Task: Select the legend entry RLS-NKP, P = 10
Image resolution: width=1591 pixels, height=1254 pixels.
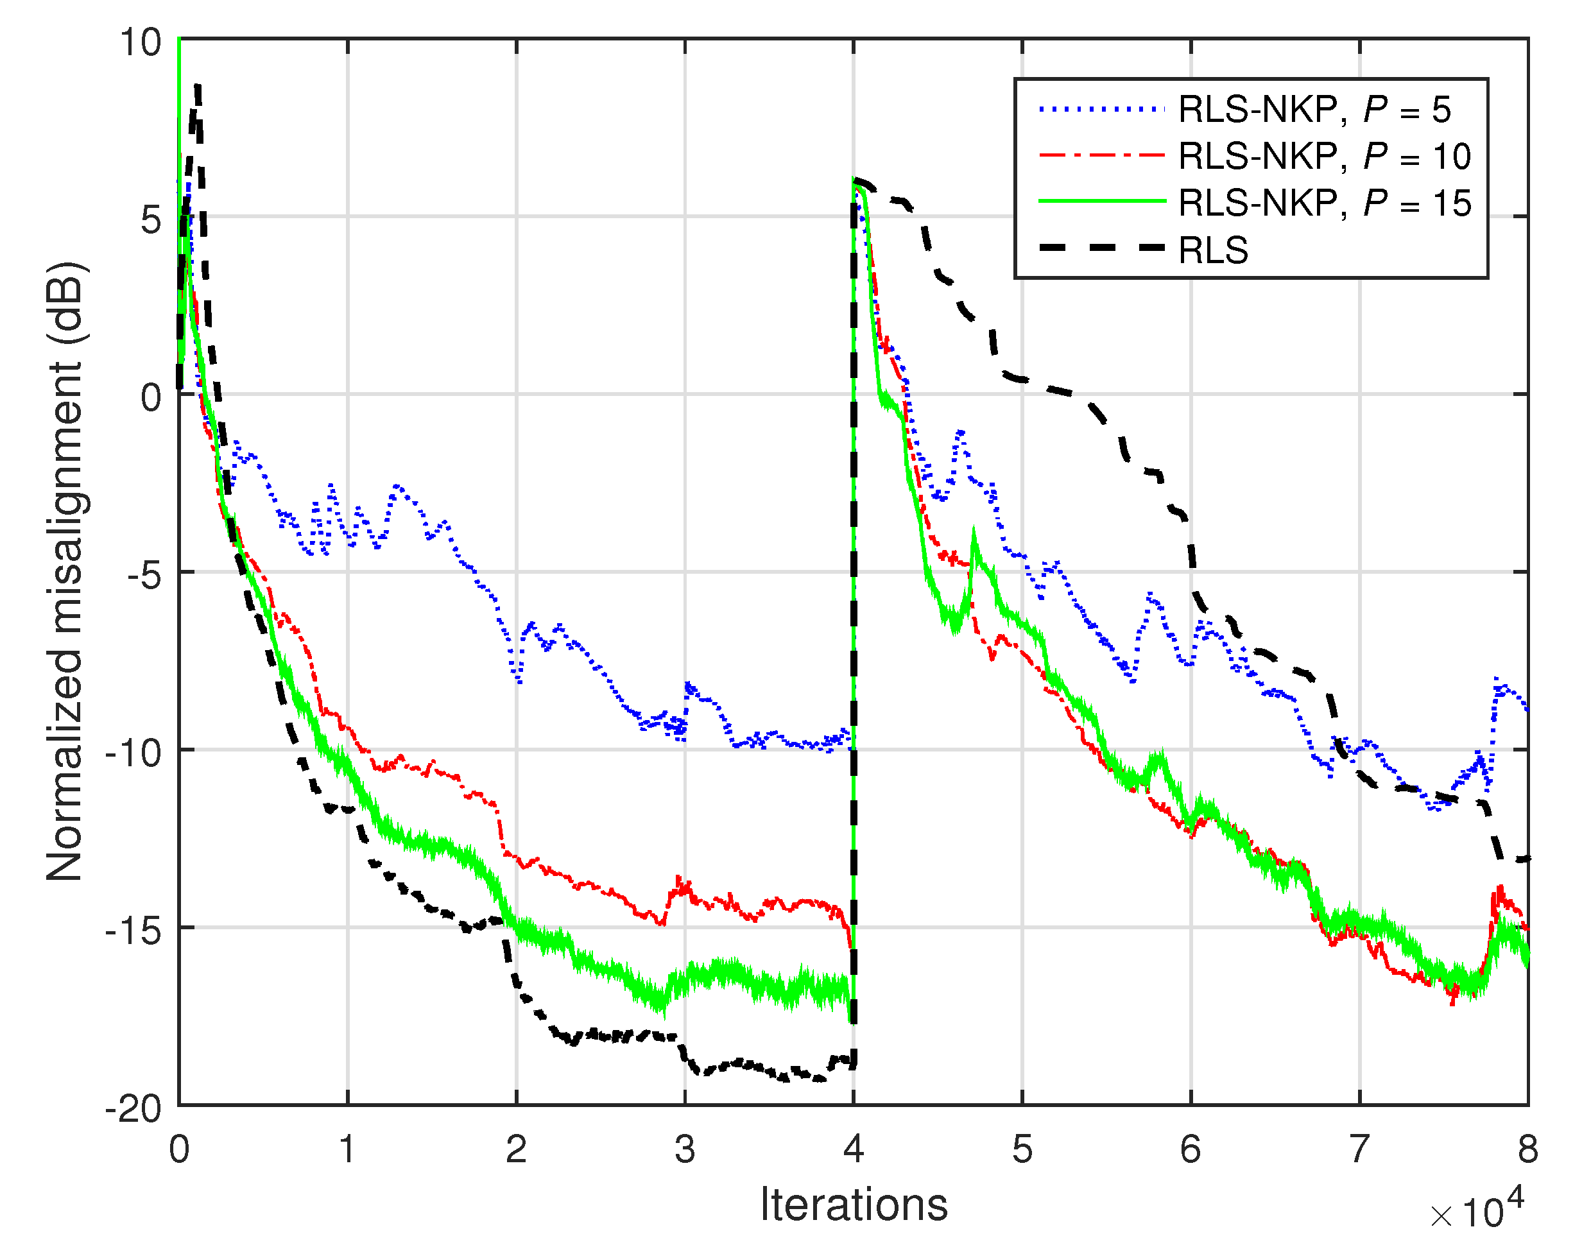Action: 1324,157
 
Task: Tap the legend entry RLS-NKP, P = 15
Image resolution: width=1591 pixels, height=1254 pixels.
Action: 1324,203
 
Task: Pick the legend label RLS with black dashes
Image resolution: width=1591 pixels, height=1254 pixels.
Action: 1212,250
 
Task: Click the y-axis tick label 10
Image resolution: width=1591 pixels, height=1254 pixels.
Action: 140,42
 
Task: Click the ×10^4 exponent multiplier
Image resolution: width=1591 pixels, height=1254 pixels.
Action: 1475,1212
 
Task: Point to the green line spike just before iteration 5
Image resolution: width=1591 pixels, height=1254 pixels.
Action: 974,530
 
